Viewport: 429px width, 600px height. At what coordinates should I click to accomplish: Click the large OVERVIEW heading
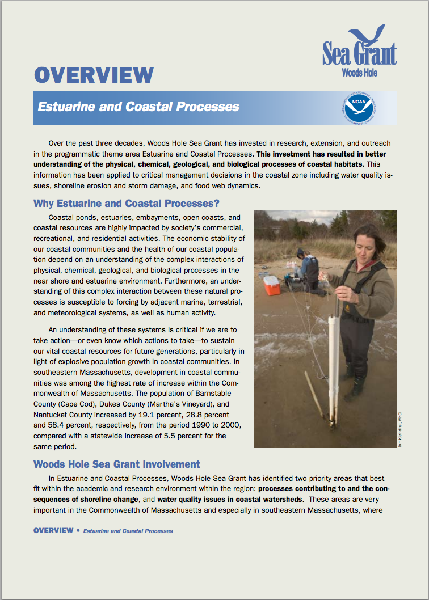(94, 75)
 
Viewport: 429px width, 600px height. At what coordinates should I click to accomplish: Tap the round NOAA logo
(357, 106)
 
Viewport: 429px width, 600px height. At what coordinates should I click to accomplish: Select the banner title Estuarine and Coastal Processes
(138, 107)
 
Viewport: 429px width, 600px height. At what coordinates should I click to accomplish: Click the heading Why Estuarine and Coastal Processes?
(127, 203)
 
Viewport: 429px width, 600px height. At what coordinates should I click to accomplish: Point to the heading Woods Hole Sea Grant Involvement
(117, 464)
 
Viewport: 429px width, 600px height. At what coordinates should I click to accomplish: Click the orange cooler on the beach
(272, 285)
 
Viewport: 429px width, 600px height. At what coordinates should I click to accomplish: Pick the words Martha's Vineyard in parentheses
(165, 403)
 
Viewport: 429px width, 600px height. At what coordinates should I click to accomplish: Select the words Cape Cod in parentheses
(82, 403)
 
